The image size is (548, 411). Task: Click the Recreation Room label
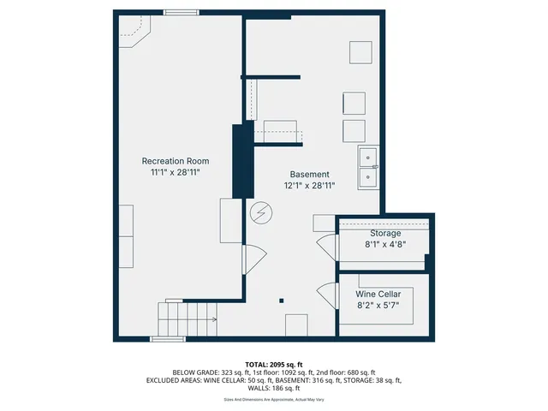[x=175, y=161]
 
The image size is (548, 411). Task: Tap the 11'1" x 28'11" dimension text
[x=175, y=173]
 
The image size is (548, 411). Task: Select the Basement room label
[x=309, y=174]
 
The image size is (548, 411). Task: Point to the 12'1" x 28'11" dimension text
[x=309, y=185]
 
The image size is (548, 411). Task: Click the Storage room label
[x=385, y=233]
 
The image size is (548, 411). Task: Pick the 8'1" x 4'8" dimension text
[x=385, y=244]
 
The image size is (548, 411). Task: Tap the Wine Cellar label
[x=378, y=293]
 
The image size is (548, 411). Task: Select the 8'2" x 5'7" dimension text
[x=378, y=305]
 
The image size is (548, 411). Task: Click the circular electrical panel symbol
[x=260, y=212]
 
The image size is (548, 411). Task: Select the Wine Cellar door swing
[x=325, y=295]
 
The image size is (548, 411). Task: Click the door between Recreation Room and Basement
[x=254, y=257]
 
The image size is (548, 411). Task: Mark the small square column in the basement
[x=281, y=300]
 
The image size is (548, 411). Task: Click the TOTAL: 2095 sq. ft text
[x=274, y=365]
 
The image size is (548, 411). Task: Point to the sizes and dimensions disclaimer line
[x=274, y=399]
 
